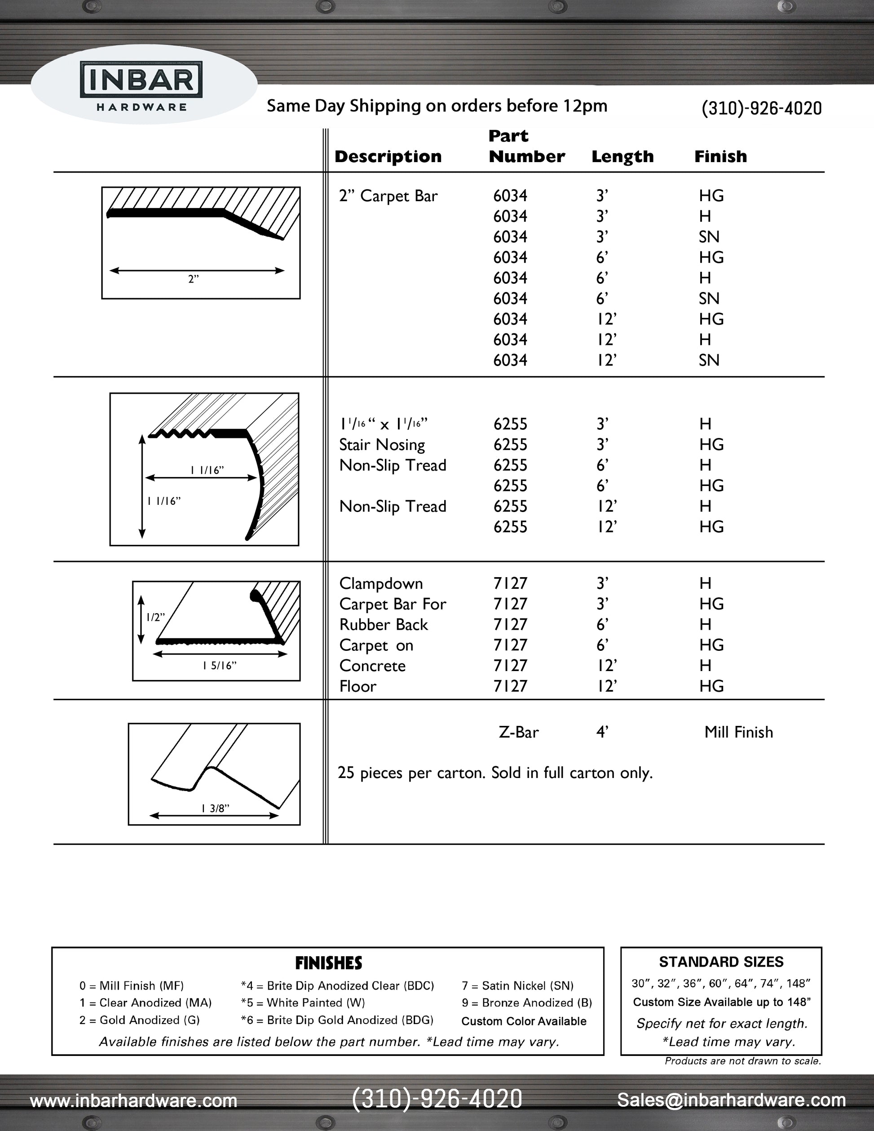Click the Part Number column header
526,146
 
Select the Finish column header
720,156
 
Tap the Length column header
622,156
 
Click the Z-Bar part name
518,732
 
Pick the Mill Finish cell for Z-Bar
738,732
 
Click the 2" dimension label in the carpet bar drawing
193,279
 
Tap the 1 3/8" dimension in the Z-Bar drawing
216,808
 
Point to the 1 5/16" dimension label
219,666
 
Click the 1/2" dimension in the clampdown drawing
155,617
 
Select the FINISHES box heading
328,963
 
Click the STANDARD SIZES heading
721,962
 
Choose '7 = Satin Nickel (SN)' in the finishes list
517,985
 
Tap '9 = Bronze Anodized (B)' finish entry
526,1003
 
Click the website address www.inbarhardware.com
133,1100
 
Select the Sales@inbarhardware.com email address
731,1100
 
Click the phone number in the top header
761,108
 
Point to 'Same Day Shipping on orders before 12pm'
437,106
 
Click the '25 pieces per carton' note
494,773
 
